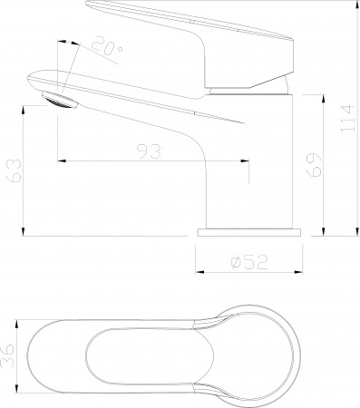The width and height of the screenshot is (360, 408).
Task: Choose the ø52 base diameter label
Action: tap(248, 262)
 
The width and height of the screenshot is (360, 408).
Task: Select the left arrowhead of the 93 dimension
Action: tap(62, 162)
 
